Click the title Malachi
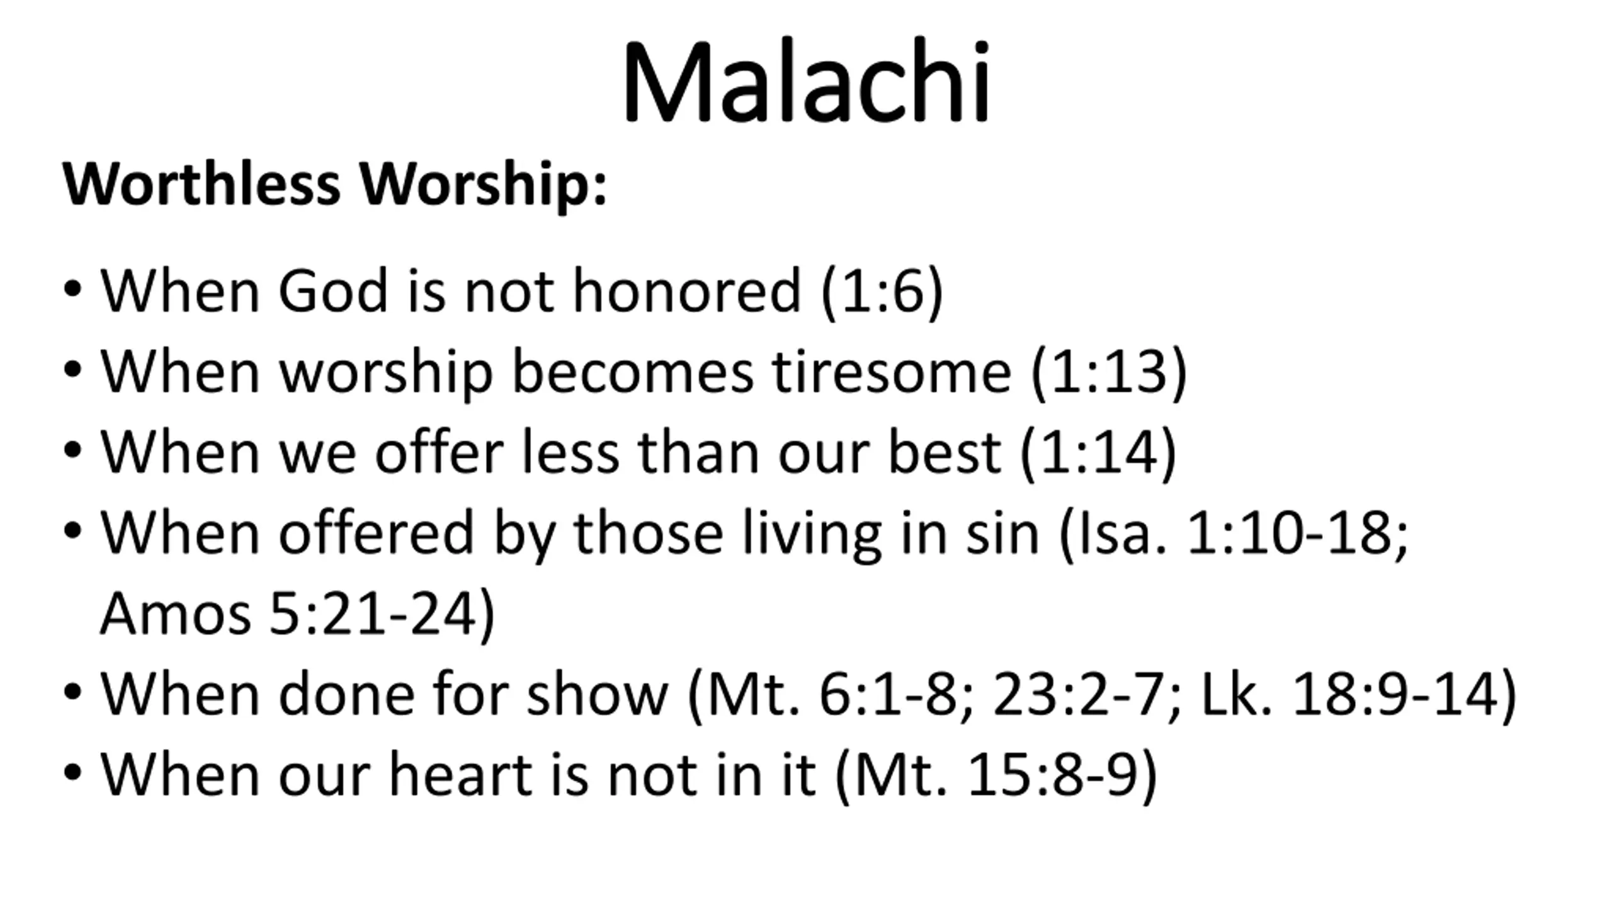(x=807, y=81)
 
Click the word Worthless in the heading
(x=201, y=183)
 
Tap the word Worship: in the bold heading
(x=483, y=185)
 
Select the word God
(x=332, y=290)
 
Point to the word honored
(x=687, y=290)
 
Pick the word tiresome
(x=892, y=372)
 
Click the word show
(x=598, y=694)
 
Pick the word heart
(x=460, y=775)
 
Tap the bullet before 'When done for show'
(x=72, y=692)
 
